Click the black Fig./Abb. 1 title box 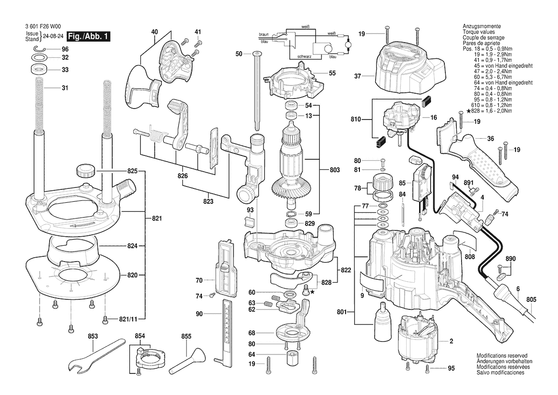(88, 36)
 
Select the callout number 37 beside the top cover (358, 76)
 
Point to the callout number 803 (335, 170)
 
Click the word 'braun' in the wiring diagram (263, 34)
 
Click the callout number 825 (132, 171)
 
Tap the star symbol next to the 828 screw (313, 292)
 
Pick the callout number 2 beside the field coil (451, 341)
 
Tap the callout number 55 (332, 73)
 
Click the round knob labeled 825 (85, 170)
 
